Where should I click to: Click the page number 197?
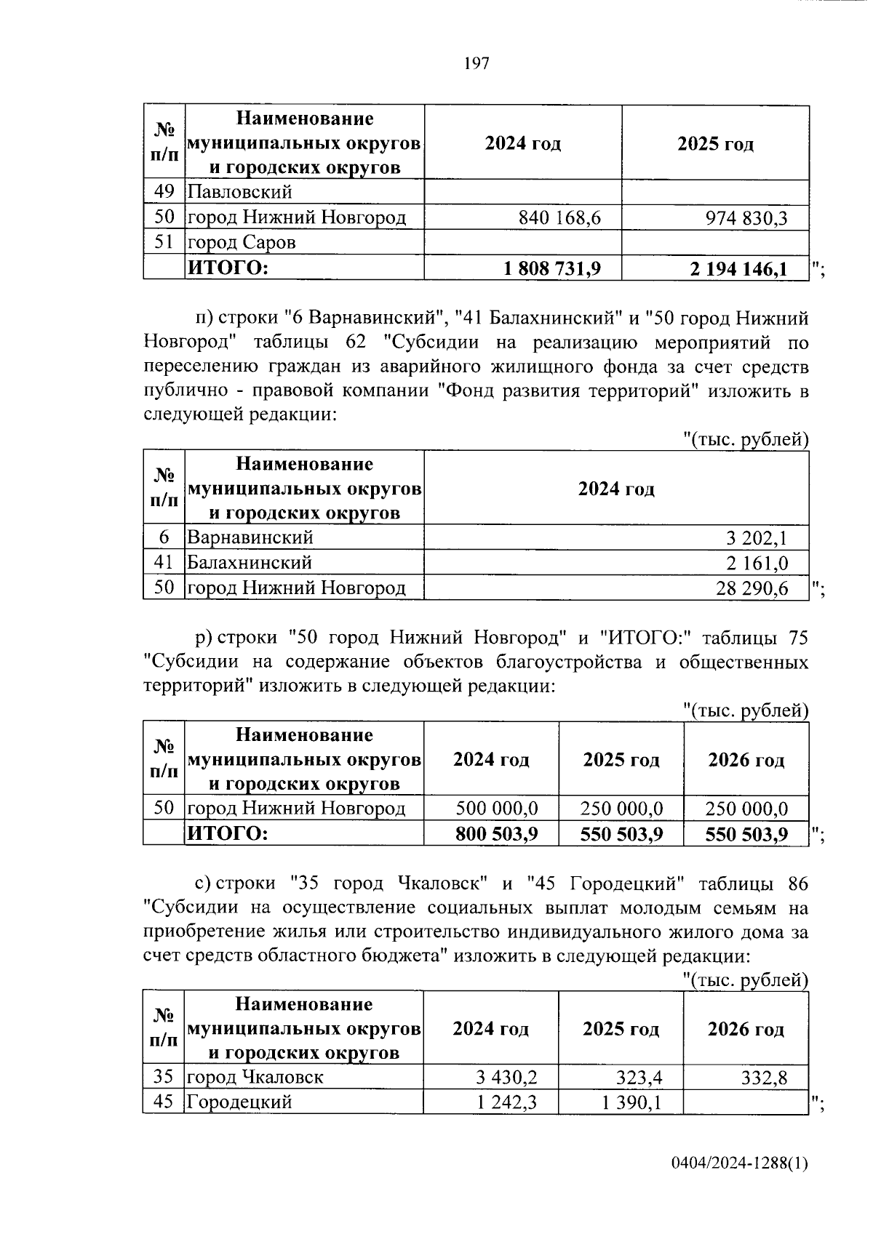(x=477, y=64)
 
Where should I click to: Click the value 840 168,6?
(x=559, y=217)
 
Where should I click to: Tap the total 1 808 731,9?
(x=552, y=268)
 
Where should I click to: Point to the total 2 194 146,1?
(x=739, y=269)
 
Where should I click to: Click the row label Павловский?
(x=240, y=192)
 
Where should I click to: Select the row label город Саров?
(x=242, y=242)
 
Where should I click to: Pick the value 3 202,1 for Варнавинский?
(x=757, y=539)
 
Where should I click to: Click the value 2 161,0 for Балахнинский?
(x=757, y=563)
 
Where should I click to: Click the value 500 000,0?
(x=497, y=809)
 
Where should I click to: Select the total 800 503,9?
(x=497, y=833)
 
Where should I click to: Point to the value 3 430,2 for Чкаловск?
(x=506, y=1078)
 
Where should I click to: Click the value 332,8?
(x=764, y=1078)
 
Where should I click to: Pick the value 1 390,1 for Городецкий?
(x=632, y=1102)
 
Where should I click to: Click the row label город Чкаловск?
(x=255, y=1077)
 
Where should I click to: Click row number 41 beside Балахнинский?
(x=164, y=562)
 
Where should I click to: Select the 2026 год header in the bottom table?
(x=746, y=1029)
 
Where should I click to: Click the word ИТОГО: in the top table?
(x=228, y=268)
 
